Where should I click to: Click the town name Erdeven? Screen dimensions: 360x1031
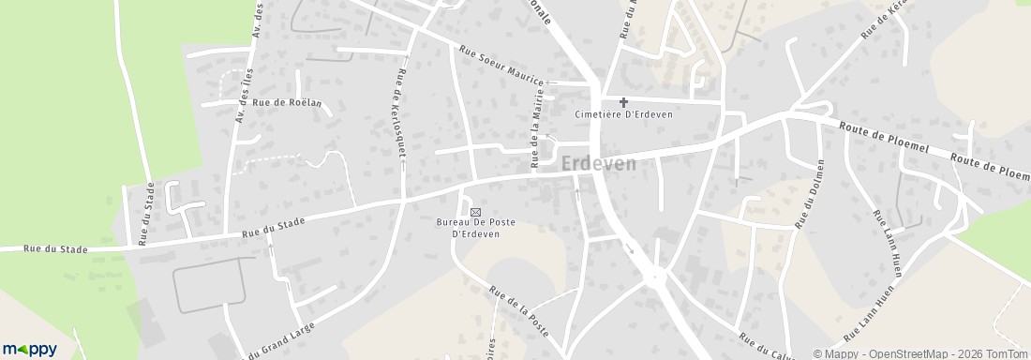pyautogui.click(x=599, y=164)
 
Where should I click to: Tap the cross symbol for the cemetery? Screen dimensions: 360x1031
pyautogui.click(x=623, y=101)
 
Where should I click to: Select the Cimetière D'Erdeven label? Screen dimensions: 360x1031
pyautogui.click(x=623, y=114)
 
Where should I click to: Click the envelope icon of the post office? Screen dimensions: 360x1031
pyautogui.click(x=474, y=212)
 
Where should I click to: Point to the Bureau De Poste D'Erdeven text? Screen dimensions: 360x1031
pyautogui.click(x=475, y=228)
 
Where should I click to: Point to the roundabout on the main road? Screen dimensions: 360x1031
pyautogui.click(x=657, y=277)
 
